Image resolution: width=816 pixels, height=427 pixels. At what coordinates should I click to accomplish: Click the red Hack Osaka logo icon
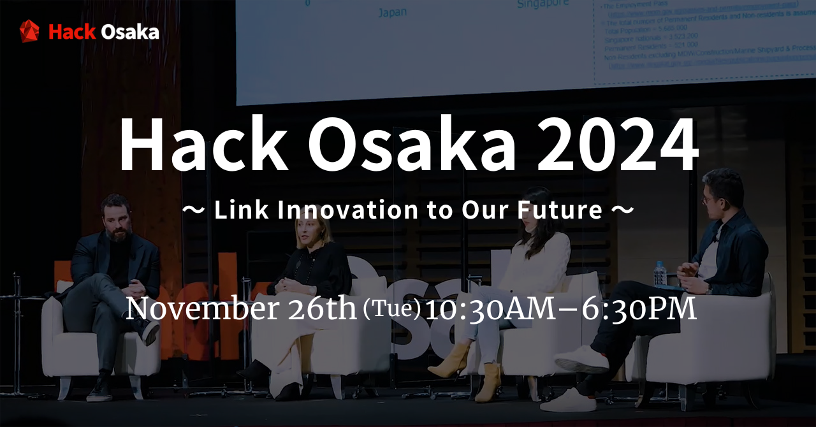[x=29, y=31]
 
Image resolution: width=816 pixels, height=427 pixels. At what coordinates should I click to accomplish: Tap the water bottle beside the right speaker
[x=660, y=273]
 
